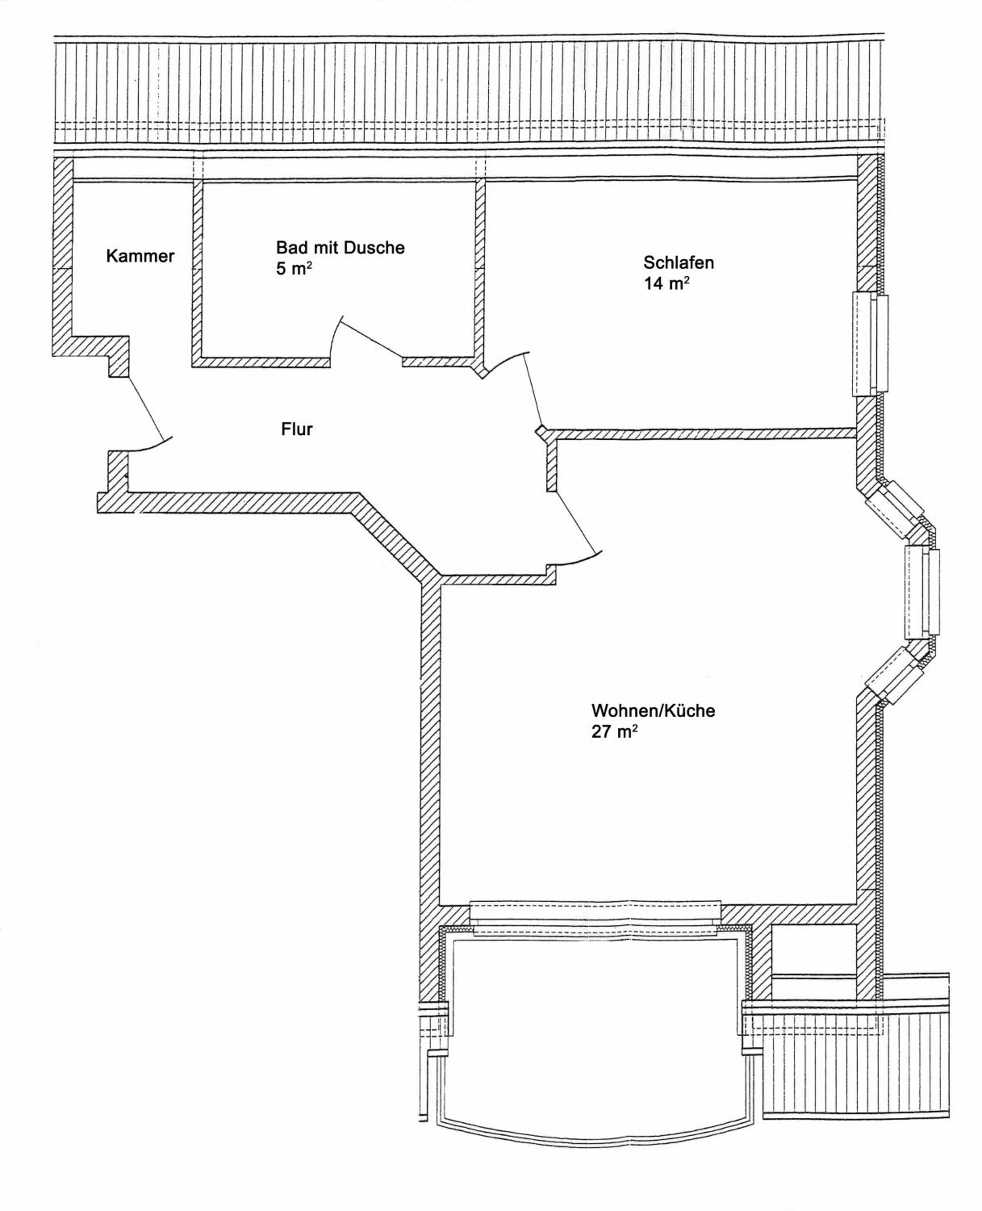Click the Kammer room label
pyautogui.click(x=140, y=256)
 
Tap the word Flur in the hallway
pyautogui.click(x=297, y=429)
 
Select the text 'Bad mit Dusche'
pyautogui.click(x=340, y=248)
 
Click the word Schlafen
pyautogui.click(x=678, y=262)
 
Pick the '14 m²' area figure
pyautogui.click(x=666, y=283)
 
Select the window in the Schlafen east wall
pyautogui.click(x=870, y=344)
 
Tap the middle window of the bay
pyautogui.click(x=922, y=592)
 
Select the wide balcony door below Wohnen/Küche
pyautogui.click(x=595, y=920)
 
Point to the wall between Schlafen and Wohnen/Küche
pyautogui.click(x=702, y=434)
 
